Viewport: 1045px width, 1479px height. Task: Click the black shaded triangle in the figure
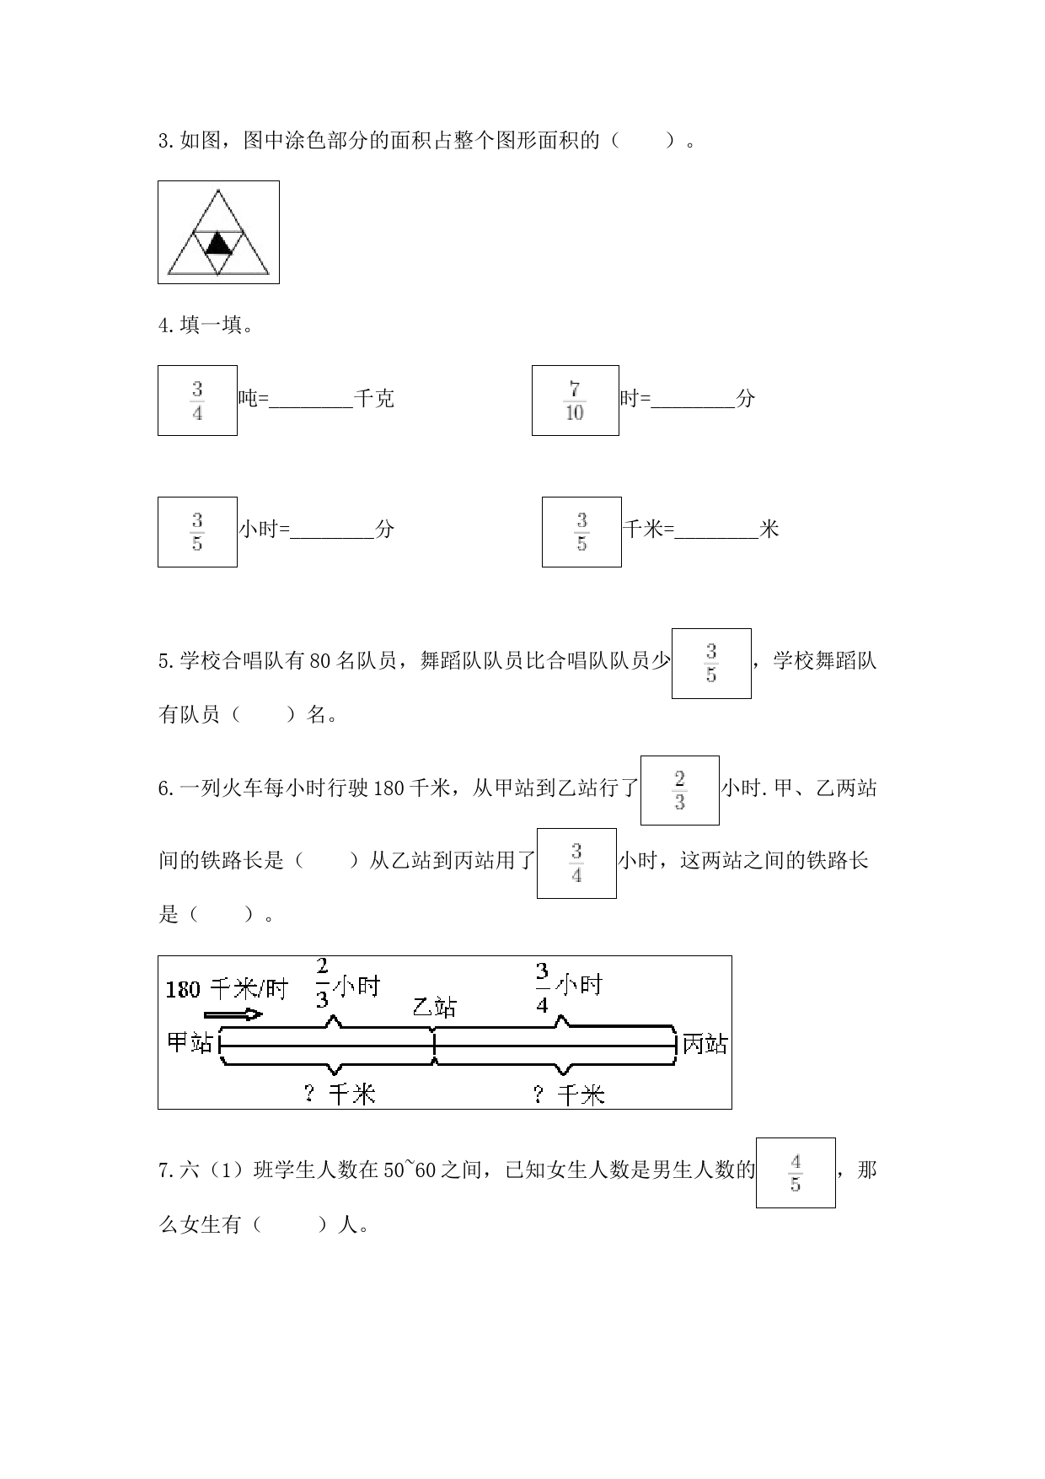coord(218,245)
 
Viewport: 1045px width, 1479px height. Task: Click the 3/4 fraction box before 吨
coord(197,401)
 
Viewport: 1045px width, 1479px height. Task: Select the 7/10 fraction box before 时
coord(576,401)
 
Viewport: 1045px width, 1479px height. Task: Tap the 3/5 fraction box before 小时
coord(197,532)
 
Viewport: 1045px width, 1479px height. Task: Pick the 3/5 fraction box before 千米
coord(581,532)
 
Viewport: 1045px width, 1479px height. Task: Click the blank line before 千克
coord(311,407)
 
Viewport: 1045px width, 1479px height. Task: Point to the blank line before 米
coord(717,538)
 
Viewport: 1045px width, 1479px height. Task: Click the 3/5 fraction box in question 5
coord(711,664)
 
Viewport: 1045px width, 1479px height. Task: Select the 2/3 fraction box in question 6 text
coord(680,790)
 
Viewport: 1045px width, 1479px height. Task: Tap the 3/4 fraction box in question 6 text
coord(576,863)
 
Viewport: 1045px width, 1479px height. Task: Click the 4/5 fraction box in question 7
coord(796,1173)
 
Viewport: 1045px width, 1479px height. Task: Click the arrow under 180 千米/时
coord(233,1014)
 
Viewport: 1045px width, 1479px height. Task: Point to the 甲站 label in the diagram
coord(190,1042)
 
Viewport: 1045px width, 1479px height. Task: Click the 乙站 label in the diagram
coord(435,1007)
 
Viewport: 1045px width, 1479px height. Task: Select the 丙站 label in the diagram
coord(705,1044)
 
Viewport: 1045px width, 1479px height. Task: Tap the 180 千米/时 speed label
coord(227,988)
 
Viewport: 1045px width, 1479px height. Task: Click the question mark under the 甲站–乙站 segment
coord(309,1094)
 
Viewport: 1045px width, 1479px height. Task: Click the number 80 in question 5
coord(321,660)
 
